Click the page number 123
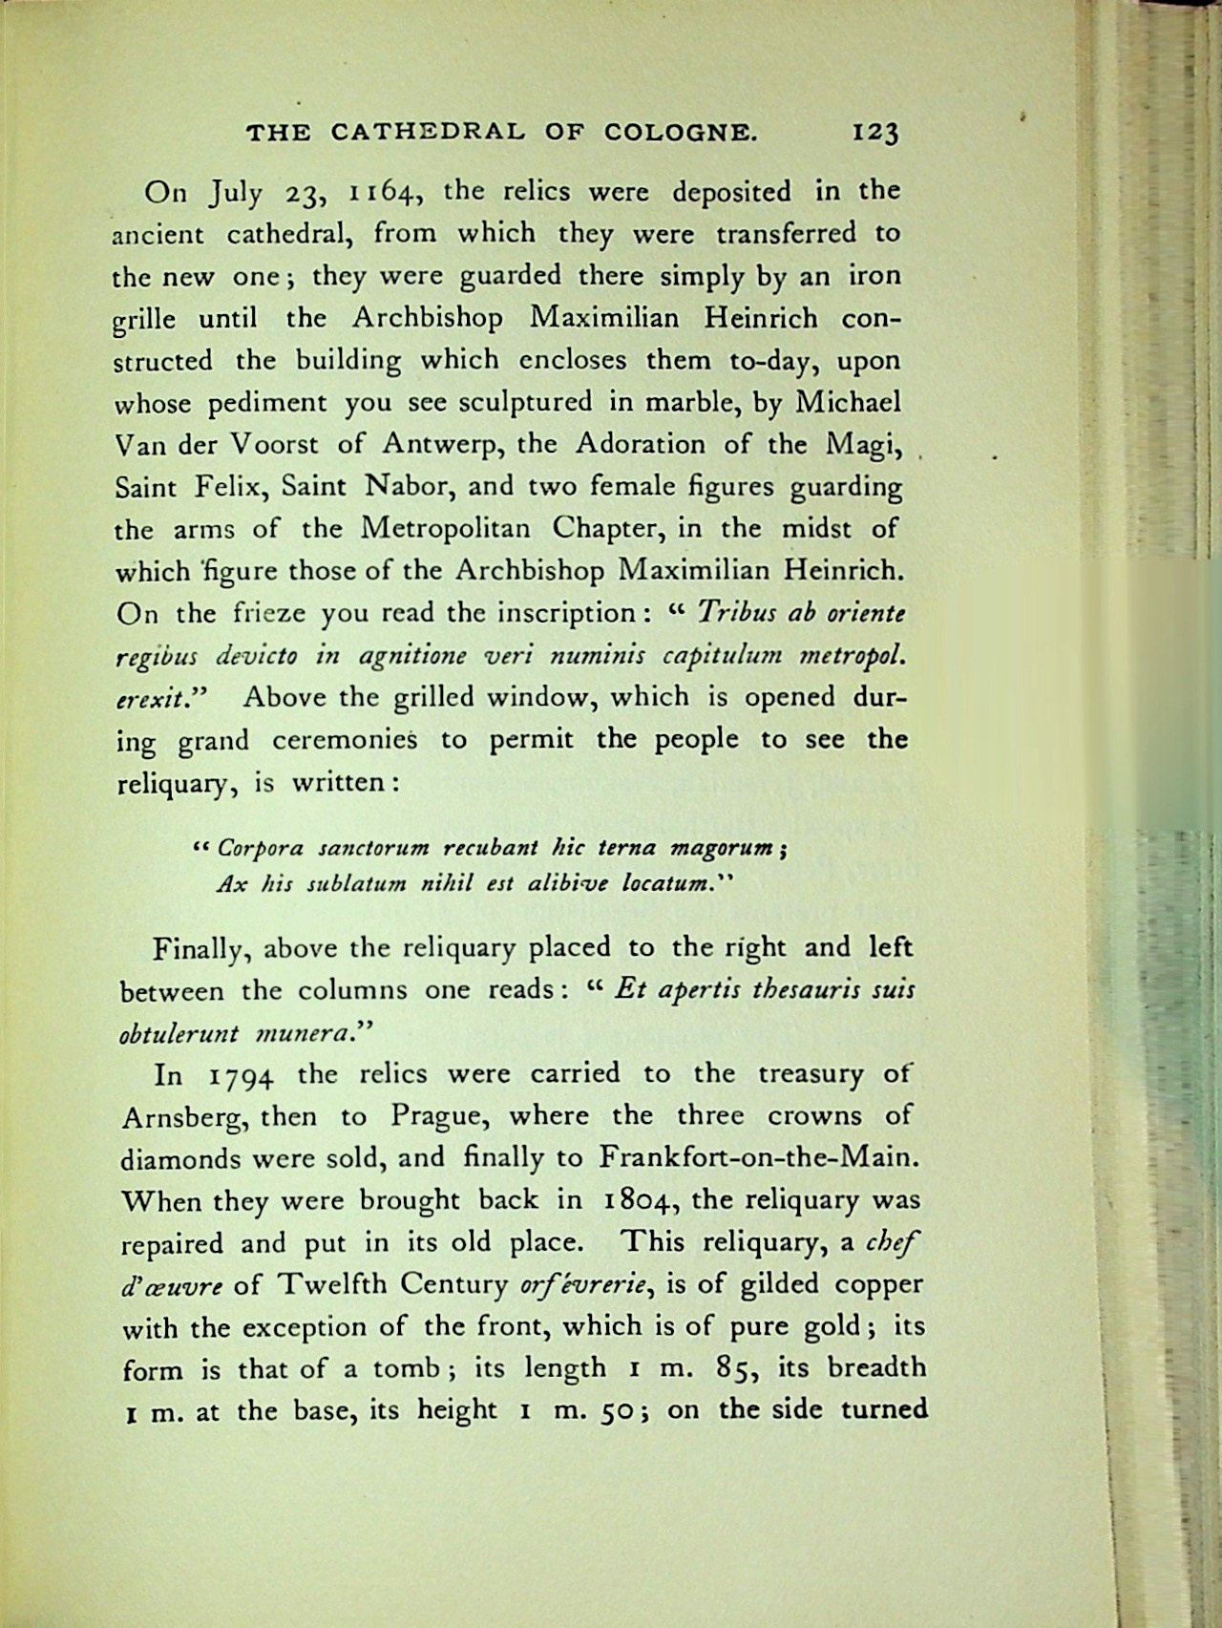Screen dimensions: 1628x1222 pyautogui.click(x=874, y=133)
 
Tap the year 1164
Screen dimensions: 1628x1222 pyautogui.click(x=381, y=194)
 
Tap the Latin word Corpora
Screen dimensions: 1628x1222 pyautogui.click(x=256, y=847)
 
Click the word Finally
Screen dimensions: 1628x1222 pyautogui.click(x=199, y=949)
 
